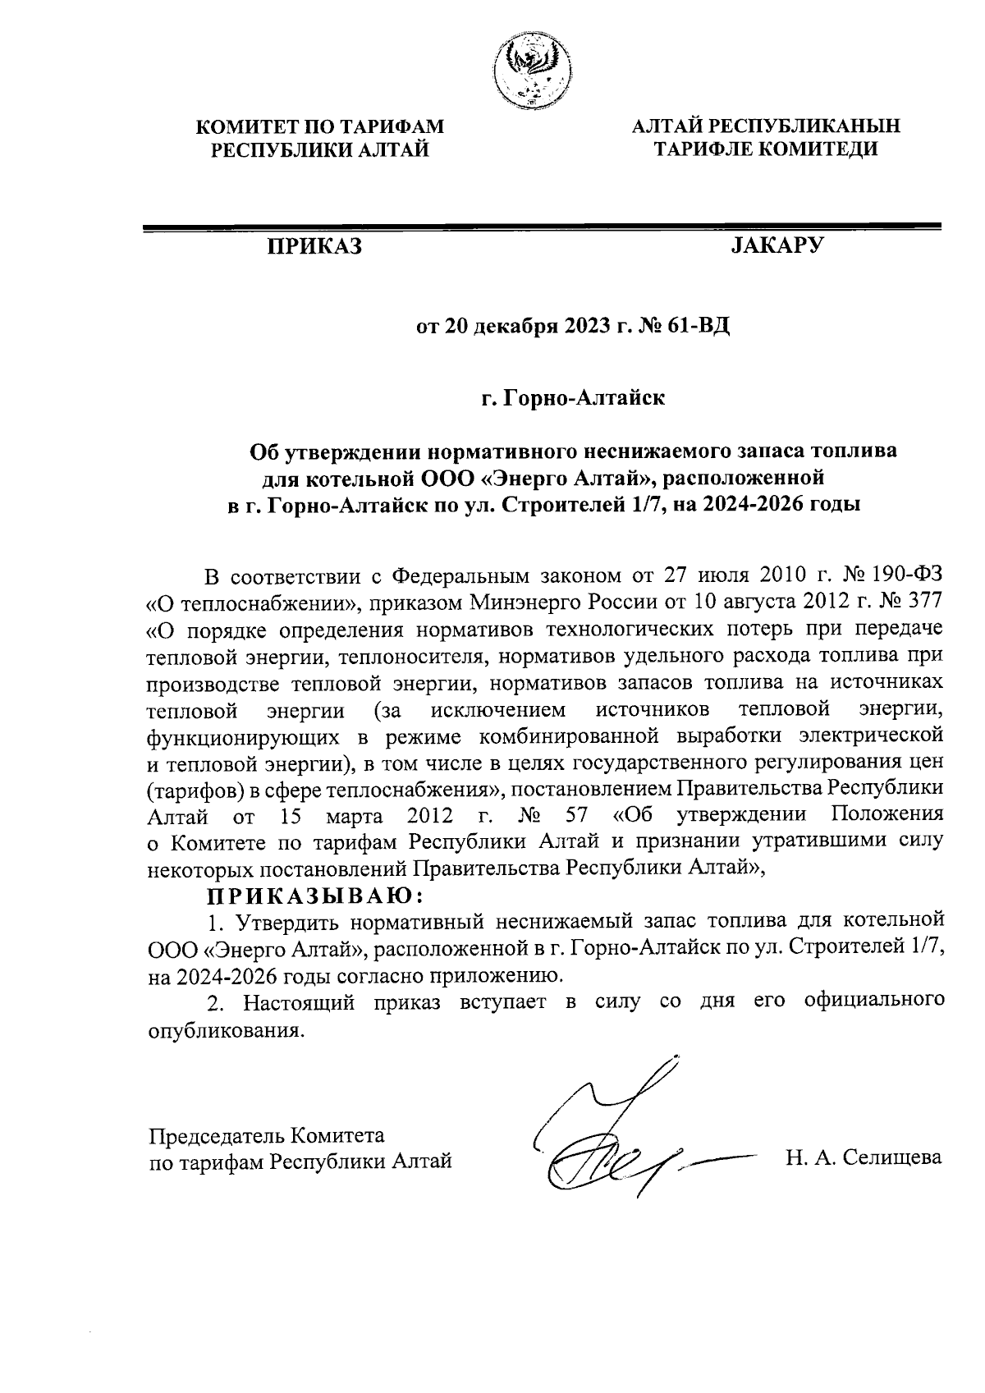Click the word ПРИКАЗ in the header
tap(313, 247)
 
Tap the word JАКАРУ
tap(776, 246)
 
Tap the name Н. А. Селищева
tap(863, 1157)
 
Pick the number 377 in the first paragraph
tap(923, 602)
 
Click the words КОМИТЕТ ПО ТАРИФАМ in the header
tap(321, 126)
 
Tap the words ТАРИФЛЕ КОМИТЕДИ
tap(766, 149)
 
